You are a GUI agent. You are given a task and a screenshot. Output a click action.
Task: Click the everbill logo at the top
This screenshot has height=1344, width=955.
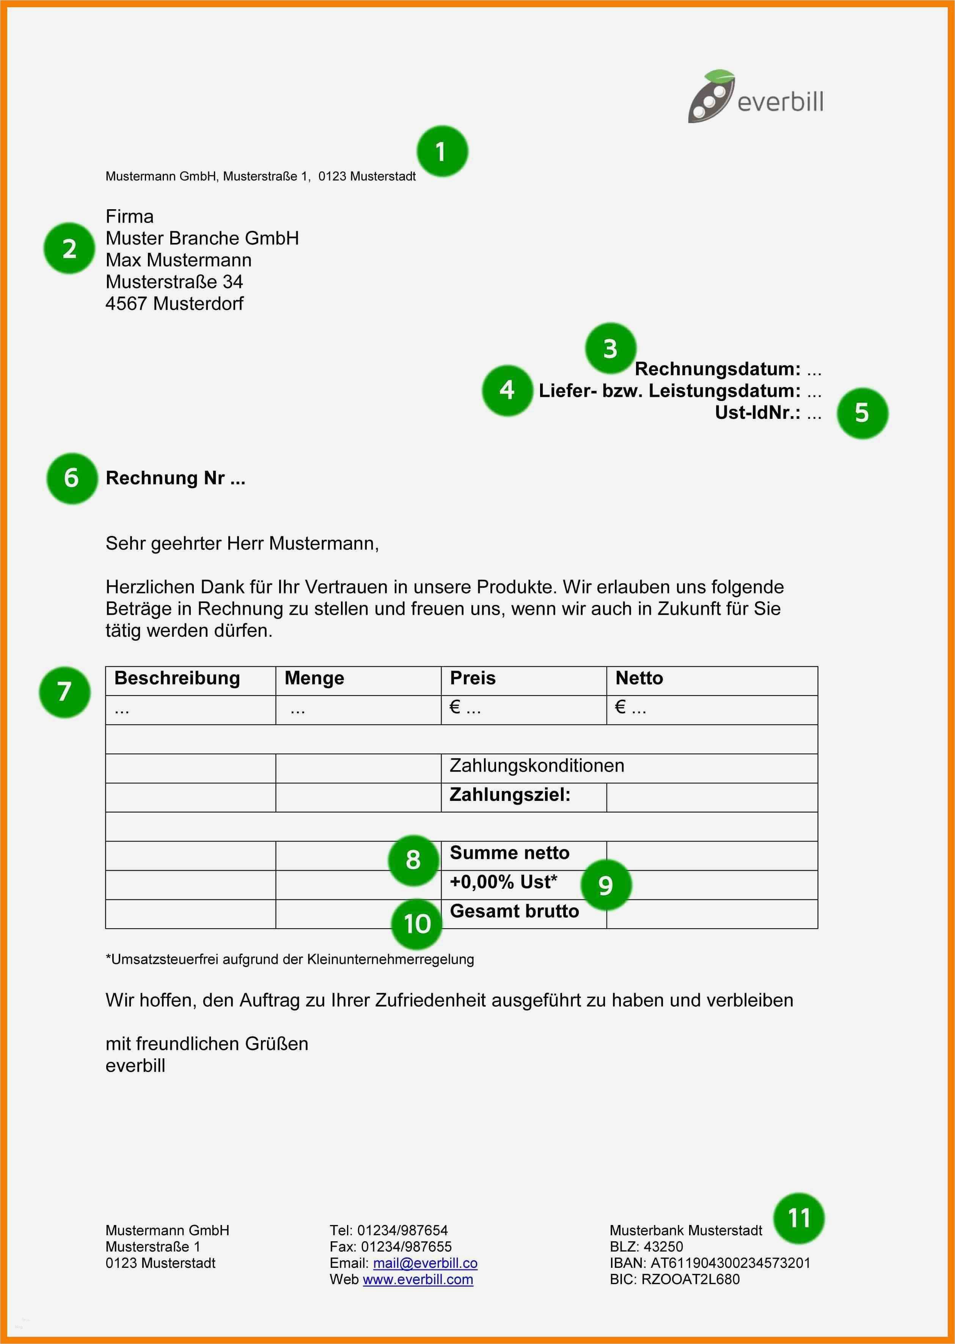pyautogui.click(x=755, y=97)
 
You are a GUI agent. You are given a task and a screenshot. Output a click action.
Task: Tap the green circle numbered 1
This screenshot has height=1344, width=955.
pyautogui.click(x=442, y=152)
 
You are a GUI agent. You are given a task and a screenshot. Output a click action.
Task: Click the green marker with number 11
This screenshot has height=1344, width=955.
pyautogui.click(x=799, y=1218)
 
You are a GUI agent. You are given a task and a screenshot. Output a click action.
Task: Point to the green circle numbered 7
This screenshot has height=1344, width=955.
pyautogui.click(x=65, y=692)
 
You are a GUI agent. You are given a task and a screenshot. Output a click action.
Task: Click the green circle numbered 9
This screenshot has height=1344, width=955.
pyautogui.click(x=606, y=885)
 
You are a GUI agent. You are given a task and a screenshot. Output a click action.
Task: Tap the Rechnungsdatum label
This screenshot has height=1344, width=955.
pyautogui.click(x=718, y=369)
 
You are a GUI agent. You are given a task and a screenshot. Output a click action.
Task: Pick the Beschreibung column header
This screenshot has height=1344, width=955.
pyautogui.click(x=177, y=678)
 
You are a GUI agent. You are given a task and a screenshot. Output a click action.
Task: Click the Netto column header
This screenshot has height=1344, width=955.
pyautogui.click(x=639, y=678)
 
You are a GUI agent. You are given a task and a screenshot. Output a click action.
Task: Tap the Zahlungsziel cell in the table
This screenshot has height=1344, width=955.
pyautogui.click(x=510, y=795)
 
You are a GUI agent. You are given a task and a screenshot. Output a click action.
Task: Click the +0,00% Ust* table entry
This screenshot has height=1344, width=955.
pyautogui.click(x=503, y=882)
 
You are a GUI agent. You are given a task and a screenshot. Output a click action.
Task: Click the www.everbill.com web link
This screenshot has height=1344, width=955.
pyautogui.click(x=418, y=1279)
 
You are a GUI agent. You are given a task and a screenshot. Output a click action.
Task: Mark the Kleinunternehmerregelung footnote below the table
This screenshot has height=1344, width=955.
pyautogui.click(x=290, y=960)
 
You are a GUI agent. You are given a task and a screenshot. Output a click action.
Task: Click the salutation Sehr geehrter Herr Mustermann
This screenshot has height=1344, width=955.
pyautogui.click(x=242, y=544)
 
